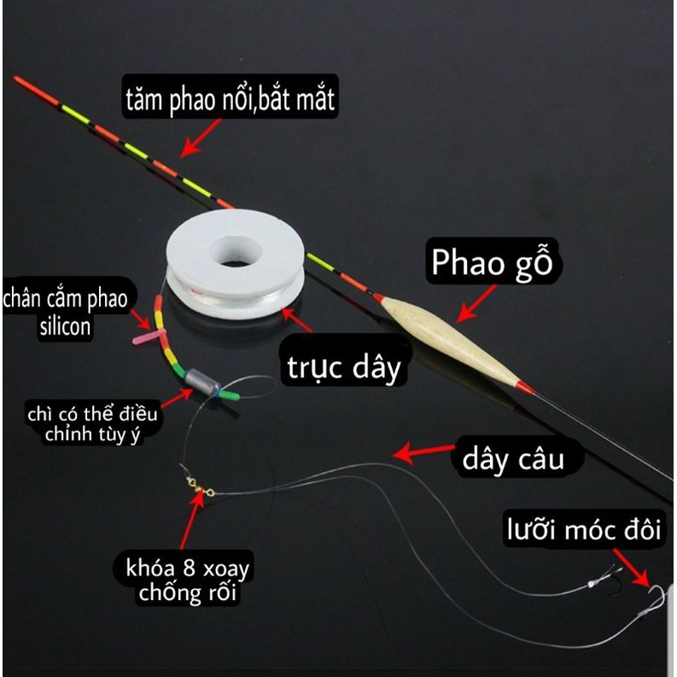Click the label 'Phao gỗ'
(x=492, y=263)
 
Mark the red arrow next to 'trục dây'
(x=297, y=322)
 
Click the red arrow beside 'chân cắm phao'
(x=142, y=322)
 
